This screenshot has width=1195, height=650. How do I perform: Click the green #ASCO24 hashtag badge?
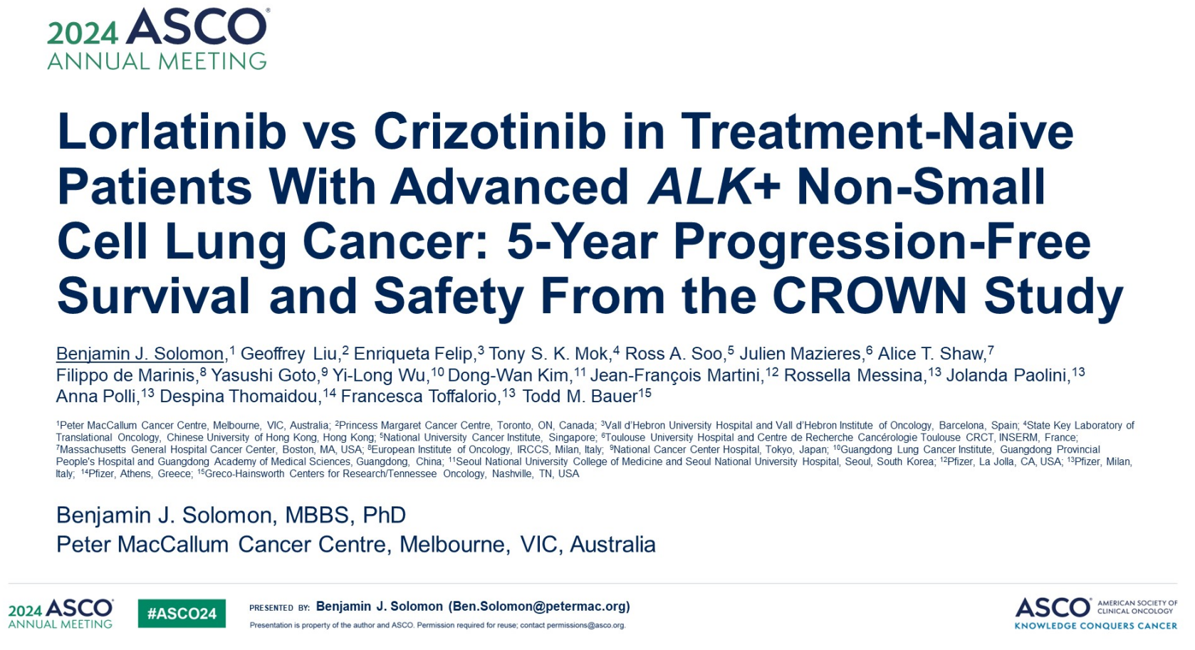click(x=182, y=613)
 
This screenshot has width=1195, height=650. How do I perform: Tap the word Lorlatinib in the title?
click(x=172, y=131)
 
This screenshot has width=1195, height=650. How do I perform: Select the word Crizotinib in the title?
click(x=490, y=131)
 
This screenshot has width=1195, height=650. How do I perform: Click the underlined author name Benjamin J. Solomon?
click(x=140, y=354)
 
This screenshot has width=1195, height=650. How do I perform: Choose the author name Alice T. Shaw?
click(x=931, y=354)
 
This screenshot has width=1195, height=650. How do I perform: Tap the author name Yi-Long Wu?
click(x=380, y=375)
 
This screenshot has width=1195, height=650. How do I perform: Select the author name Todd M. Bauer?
click(x=580, y=396)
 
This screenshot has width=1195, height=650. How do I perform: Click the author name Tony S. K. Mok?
click(x=548, y=354)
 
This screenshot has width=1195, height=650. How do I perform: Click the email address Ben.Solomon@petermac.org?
click(x=539, y=607)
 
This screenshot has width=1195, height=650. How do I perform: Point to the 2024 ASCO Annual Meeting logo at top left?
click(x=158, y=39)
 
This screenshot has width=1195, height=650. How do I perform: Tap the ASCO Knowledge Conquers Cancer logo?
click(x=1096, y=613)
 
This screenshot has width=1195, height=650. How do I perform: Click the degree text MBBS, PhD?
click(x=345, y=515)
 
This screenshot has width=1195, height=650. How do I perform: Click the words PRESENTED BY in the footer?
click(x=279, y=607)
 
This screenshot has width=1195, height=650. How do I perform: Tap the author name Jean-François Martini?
click(x=677, y=375)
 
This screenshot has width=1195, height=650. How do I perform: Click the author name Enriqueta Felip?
click(x=414, y=354)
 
